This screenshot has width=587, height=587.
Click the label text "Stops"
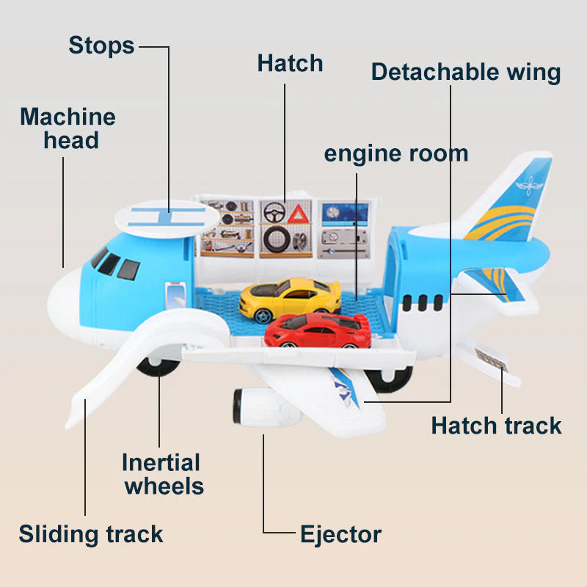[101, 45]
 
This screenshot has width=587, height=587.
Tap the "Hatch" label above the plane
[290, 63]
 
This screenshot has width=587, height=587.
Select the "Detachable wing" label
[466, 72]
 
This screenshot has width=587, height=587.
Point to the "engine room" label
[396, 154]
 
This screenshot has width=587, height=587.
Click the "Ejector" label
[340, 534]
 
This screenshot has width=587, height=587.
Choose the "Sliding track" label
[91, 534]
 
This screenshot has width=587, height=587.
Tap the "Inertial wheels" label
[162, 474]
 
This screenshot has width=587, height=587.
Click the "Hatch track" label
[497, 426]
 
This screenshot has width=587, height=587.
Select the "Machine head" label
[68, 128]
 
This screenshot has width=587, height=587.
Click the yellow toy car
[290, 299]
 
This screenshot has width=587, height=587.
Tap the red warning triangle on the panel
[298, 214]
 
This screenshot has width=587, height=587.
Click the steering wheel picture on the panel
[274, 212]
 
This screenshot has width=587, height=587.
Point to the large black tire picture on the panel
[277, 240]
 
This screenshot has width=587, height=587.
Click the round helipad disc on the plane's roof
[167, 219]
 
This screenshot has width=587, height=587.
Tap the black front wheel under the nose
[157, 367]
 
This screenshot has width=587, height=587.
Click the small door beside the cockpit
[175, 295]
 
